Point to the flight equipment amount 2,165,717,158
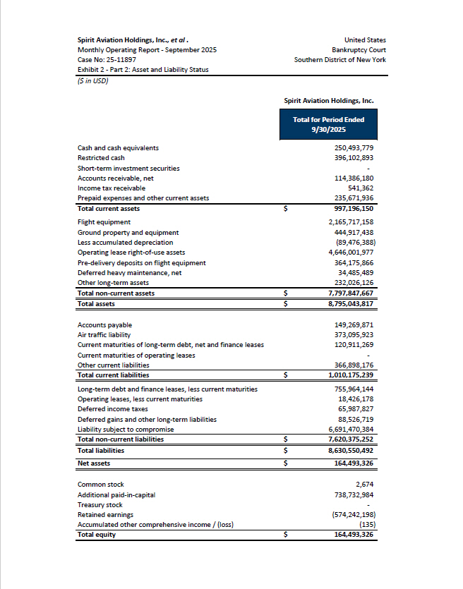(x=351, y=222)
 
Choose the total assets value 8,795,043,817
(x=351, y=303)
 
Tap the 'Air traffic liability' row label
(x=104, y=335)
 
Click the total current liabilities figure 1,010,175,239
(x=351, y=375)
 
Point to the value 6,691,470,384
(x=351, y=429)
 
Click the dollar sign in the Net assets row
(x=286, y=463)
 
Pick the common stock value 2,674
(x=364, y=485)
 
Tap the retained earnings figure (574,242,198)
(x=353, y=515)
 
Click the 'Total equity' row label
(x=96, y=535)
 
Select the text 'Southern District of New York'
(x=340, y=60)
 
